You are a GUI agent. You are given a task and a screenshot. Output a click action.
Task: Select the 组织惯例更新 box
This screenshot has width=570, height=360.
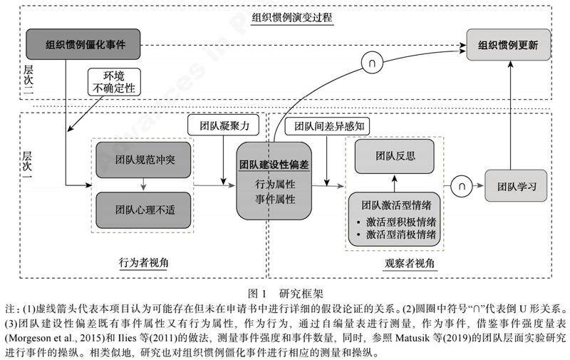(x=508, y=47)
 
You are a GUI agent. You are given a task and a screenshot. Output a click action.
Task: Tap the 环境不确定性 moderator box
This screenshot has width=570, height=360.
(x=113, y=82)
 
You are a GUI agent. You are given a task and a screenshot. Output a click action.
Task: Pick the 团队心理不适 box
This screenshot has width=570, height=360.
(x=144, y=210)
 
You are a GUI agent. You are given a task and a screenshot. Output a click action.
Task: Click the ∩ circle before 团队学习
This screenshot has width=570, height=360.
(x=462, y=185)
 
